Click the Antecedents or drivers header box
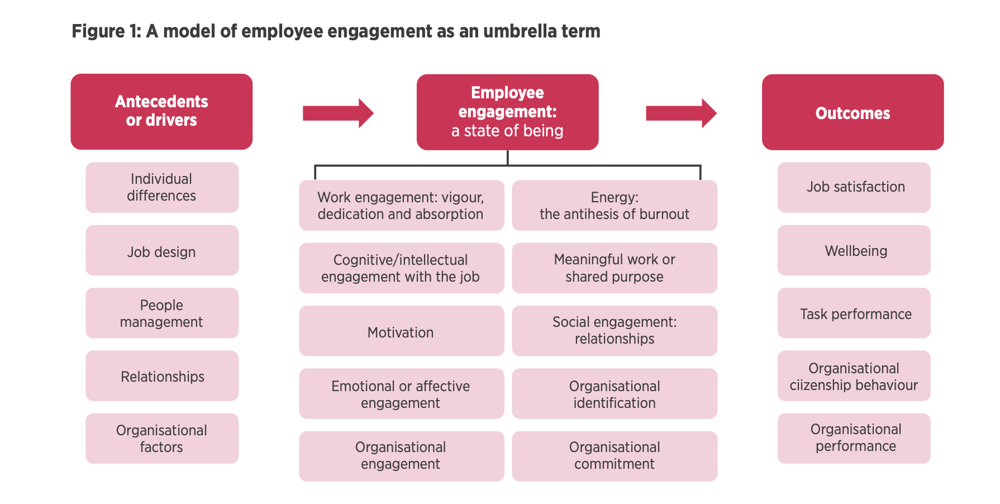point(161,112)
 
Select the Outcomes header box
point(853,112)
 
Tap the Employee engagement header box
point(507,112)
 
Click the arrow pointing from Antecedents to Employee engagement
point(338,113)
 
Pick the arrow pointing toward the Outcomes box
point(681,113)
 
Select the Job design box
point(162,250)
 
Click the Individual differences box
point(162,188)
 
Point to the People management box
point(162,313)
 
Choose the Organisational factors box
point(162,439)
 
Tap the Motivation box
point(402,331)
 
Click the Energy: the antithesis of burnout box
point(615,205)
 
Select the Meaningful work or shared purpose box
point(615,268)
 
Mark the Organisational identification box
point(615,393)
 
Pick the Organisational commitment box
point(615,456)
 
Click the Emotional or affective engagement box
point(402,393)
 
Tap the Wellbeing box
point(854,250)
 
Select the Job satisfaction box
point(854,188)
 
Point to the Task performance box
point(854,313)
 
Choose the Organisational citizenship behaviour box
point(854,375)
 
